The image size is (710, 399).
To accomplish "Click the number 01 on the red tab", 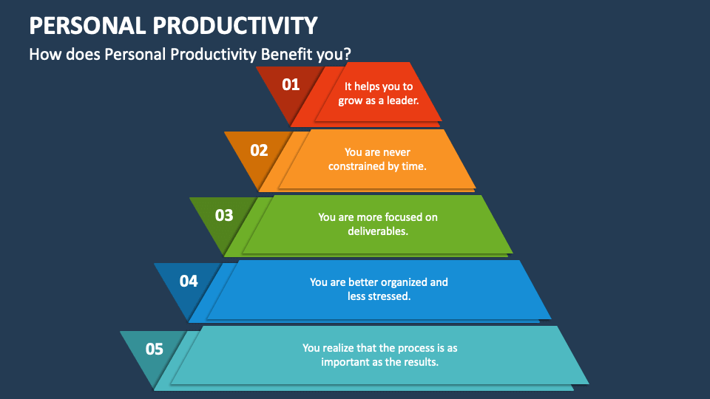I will [x=291, y=85].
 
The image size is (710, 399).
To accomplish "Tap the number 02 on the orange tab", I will [x=259, y=151].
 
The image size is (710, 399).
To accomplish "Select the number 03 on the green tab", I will [x=224, y=216].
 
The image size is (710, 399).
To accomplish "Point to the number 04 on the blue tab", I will [x=189, y=281].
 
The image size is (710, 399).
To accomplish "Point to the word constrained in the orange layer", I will [x=358, y=166].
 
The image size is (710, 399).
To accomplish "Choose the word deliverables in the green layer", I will [x=378, y=231].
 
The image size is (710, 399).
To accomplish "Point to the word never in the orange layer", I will [x=396, y=152].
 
